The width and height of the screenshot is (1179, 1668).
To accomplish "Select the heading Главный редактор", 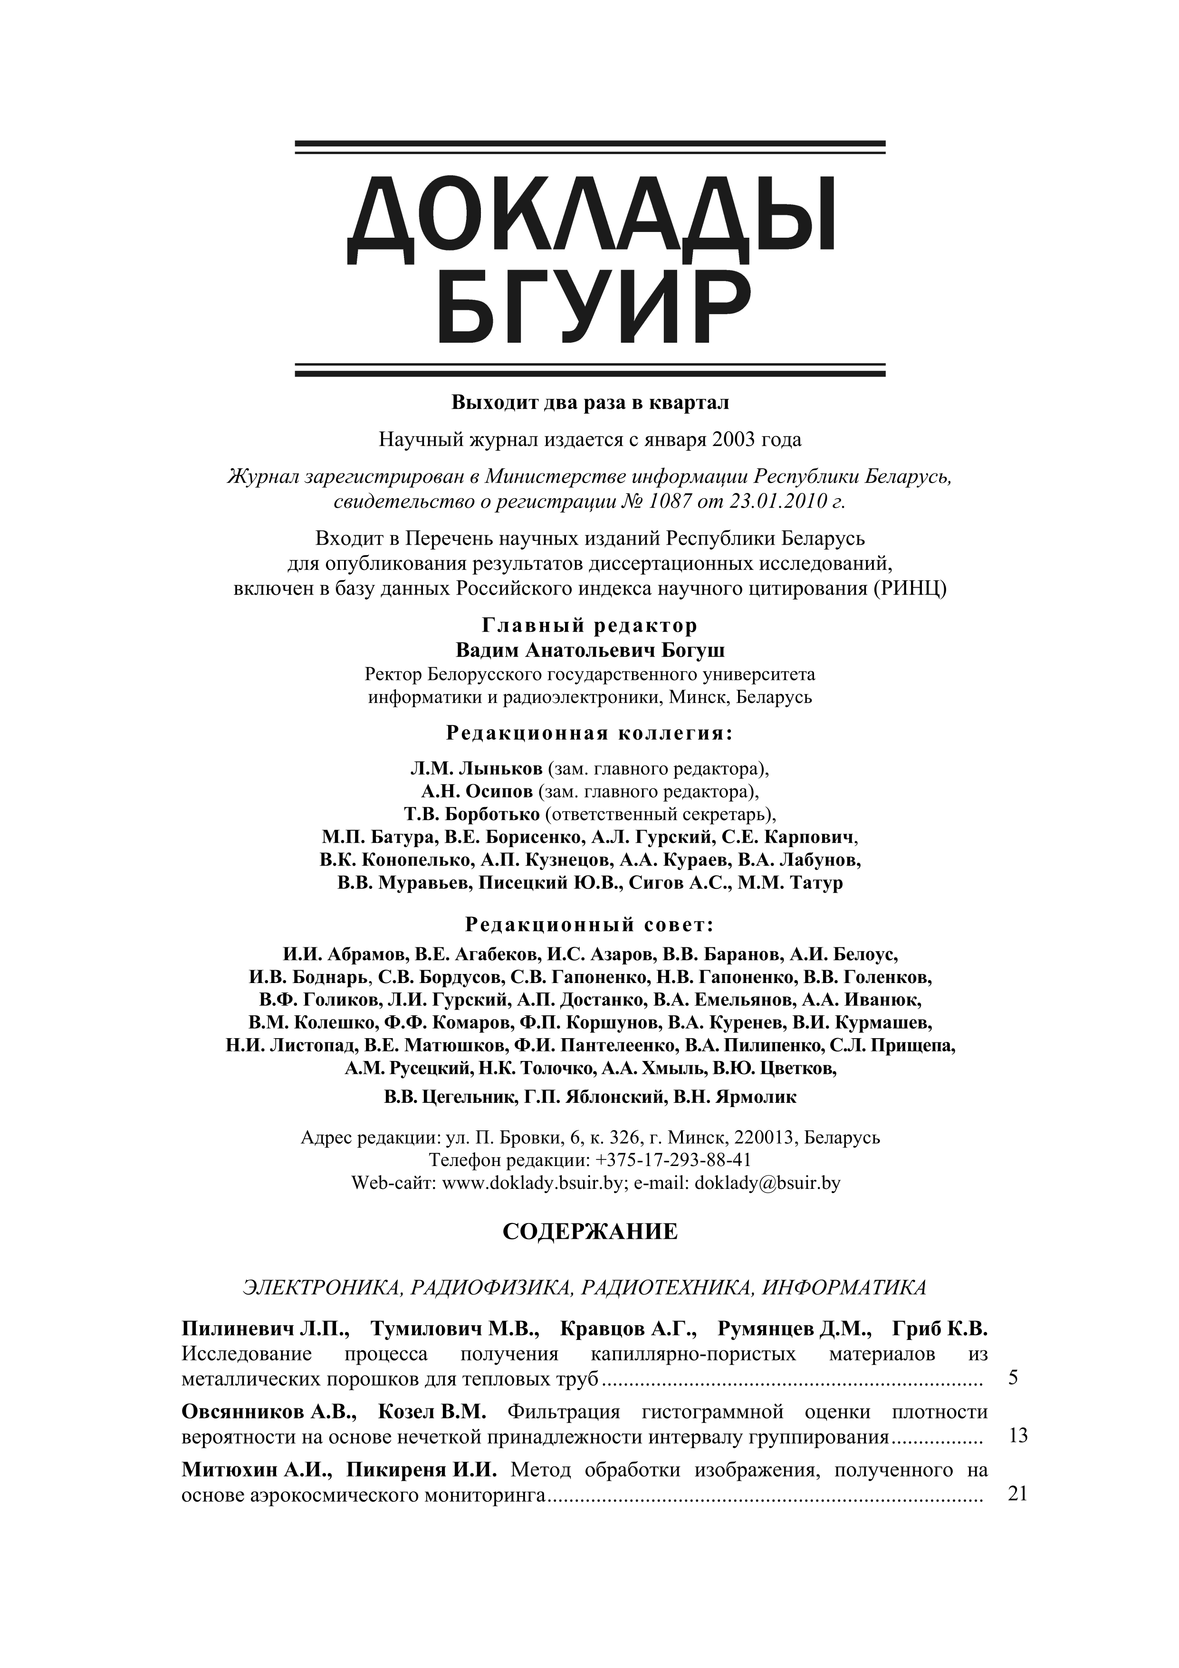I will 590,626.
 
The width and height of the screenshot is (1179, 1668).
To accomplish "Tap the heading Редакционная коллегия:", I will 590,734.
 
